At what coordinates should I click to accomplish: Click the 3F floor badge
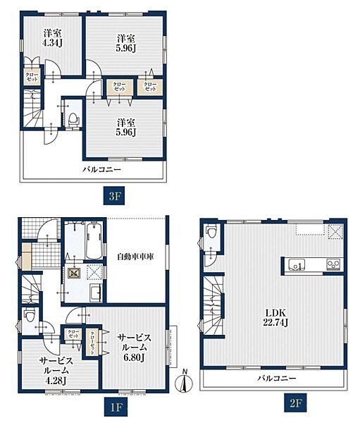pos(115,196)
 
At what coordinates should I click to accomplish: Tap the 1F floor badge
pos(116,407)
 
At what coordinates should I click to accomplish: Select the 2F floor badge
pos(295,403)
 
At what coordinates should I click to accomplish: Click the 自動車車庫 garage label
pos(135,257)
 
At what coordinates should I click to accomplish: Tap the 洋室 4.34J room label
pos(53,38)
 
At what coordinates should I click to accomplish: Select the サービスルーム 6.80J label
pos(135,348)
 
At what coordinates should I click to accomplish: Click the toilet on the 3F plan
pos(73,120)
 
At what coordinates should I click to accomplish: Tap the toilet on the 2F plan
pos(211,232)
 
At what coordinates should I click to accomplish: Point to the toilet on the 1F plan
pos(29,316)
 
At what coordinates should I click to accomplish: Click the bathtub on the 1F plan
pos(94,240)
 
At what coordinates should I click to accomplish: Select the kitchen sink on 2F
pos(297,264)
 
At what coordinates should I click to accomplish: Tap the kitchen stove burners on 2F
pos(335,264)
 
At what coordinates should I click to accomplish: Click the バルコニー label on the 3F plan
pos(101,169)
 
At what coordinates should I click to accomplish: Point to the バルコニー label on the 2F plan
pos(277,378)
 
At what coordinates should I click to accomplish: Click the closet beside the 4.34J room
pos(32,77)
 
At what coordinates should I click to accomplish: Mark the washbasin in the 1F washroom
pos(96,292)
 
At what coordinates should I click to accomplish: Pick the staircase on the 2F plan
pos(213,305)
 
